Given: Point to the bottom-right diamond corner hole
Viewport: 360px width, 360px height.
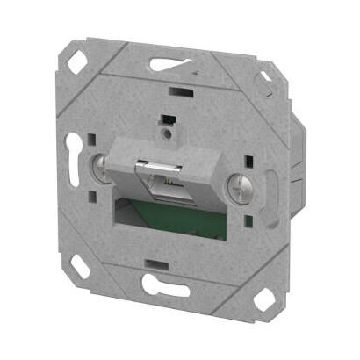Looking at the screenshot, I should [261, 301].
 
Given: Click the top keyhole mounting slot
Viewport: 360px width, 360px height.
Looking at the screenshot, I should [169, 63].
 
